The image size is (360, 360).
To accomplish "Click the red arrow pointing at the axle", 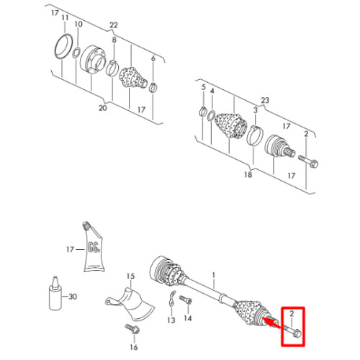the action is [271, 323].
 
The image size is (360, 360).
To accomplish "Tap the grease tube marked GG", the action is [94, 247].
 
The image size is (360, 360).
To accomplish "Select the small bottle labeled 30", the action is [55, 293].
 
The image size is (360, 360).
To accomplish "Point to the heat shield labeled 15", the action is [131, 303].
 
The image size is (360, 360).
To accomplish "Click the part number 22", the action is [114, 25].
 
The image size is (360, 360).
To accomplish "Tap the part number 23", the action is [265, 100].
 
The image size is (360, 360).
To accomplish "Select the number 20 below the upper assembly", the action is [102, 108].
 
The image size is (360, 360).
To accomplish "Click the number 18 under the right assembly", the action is [248, 174].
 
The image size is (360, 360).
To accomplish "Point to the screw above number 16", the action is [132, 329].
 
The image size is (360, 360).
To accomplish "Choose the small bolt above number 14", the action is [186, 300].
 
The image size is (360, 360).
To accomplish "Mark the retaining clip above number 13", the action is [172, 298].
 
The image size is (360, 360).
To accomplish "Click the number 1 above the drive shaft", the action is [214, 274].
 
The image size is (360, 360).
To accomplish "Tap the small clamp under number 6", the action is [153, 87].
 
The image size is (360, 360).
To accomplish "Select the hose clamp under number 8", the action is [112, 68].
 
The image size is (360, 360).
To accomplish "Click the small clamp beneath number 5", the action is [203, 111].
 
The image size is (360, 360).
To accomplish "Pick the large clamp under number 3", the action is [255, 135].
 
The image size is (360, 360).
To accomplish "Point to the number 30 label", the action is [73, 297].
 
